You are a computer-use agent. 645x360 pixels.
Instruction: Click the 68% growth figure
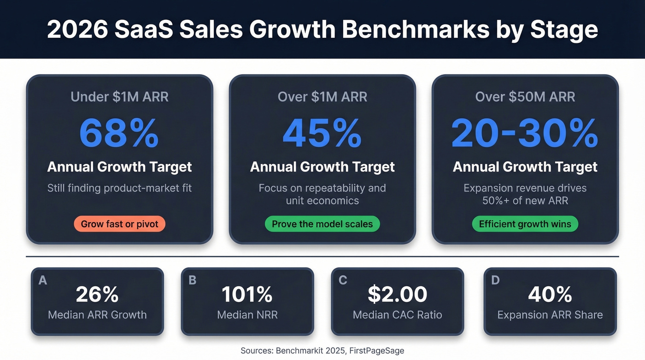(x=119, y=133)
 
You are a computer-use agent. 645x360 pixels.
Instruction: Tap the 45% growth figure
(x=322, y=133)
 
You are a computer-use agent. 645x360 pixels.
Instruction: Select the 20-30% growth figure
(x=525, y=133)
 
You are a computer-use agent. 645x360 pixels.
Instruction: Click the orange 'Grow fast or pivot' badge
(x=119, y=224)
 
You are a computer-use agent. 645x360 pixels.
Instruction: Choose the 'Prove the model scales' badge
(x=322, y=224)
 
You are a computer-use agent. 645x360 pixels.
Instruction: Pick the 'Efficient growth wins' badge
(x=525, y=224)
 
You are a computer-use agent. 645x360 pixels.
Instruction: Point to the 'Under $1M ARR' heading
(x=119, y=97)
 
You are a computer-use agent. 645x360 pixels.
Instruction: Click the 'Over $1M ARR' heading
(x=322, y=97)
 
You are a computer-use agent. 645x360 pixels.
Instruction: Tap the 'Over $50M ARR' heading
(x=525, y=97)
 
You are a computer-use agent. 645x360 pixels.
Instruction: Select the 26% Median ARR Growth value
(x=97, y=295)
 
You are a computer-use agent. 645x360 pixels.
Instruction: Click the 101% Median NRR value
(x=247, y=295)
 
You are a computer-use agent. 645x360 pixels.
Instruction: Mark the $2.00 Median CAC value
(x=397, y=295)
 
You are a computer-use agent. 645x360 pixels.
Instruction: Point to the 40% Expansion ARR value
(x=550, y=295)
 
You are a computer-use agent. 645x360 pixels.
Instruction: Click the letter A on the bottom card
(x=43, y=280)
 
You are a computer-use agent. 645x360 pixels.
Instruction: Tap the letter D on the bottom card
(x=496, y=280)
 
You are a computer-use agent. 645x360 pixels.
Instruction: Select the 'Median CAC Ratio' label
(x=397, y=315)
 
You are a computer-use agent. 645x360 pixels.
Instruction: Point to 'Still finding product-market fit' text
(x=119, y=188)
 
